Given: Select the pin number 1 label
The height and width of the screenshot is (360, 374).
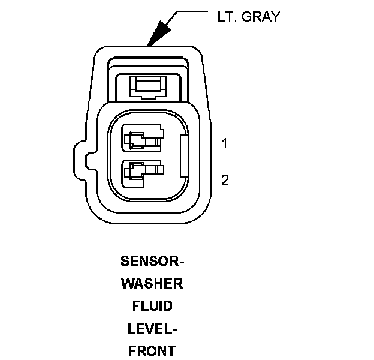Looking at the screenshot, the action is point(224,144).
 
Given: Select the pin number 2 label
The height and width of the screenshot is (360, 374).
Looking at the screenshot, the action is point(225,179).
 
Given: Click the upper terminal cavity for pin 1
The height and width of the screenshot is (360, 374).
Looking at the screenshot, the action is point(142,140).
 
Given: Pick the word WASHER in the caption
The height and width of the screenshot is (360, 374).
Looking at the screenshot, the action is point(152,284).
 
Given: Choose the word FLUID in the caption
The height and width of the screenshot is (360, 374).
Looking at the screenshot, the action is point(152,306).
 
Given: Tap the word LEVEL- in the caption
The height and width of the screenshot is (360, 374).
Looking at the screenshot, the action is point(152,328).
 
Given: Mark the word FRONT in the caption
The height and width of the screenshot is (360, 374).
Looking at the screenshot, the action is point(152,350).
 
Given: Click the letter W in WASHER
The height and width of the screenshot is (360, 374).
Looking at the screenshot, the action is point(128,284).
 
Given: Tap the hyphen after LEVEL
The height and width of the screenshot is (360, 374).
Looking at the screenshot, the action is point(174,329).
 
